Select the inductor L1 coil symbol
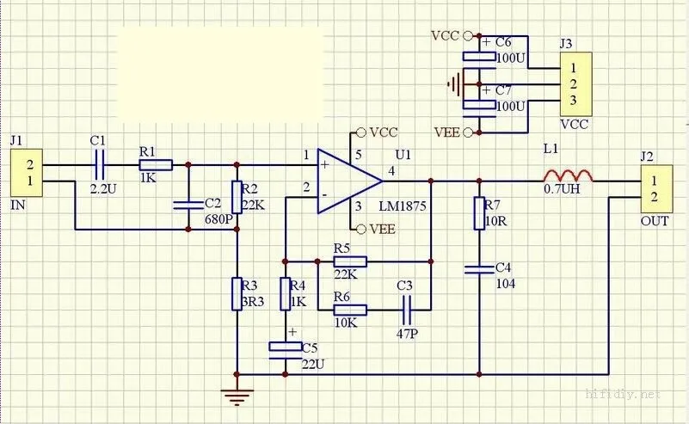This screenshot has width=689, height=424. (568, 175)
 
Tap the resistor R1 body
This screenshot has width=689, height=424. (156, 165)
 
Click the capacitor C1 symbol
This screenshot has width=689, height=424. (100, 165)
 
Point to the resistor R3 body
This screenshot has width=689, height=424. (237, 294)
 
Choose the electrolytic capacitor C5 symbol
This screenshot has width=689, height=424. (286, 350)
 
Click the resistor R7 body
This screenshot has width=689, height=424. (479, 213)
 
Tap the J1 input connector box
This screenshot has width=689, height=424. (27, 173)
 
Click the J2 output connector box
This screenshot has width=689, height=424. (656, 189)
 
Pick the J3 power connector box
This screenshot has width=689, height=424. (575, 84)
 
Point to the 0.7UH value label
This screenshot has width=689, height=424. (562, 189)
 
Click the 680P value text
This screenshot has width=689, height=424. (218, 219)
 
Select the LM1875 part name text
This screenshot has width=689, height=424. (403, 206)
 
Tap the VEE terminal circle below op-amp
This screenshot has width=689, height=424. (361, 229)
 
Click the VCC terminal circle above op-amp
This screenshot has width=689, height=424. (361, 132)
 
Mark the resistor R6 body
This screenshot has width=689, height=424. (350, 310)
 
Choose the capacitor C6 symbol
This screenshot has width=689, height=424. (479, 59)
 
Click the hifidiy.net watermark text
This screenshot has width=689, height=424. (623, 394)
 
